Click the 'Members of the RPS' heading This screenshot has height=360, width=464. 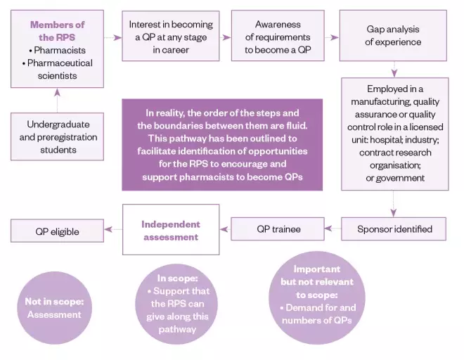coord(58,31)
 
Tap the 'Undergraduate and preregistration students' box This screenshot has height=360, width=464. coord(57,137)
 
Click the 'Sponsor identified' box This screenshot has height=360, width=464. coord(394,229)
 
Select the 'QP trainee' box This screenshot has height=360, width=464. coord(278,229)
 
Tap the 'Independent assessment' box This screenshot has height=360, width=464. coord(169,230)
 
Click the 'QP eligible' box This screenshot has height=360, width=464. coord(58,231)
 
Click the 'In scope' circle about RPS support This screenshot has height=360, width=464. coord(171,304)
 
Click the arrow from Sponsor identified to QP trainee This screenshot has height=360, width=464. coord(333,229)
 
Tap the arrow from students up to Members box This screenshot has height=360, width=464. coord(58,97)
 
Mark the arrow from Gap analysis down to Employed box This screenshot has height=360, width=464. coord(394,69)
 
